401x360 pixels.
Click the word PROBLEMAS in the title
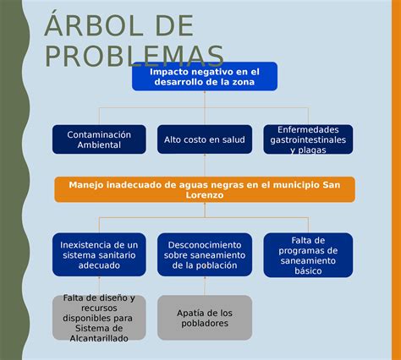(x=134, y=56)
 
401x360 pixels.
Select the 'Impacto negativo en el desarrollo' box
(x=204, y=76)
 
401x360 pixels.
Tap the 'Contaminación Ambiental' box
(x=99, y=139)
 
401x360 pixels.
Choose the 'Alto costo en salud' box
(x=204, y=139)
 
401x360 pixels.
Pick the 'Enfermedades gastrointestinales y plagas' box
(x=308, y=139)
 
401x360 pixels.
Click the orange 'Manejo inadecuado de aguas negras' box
(x=204, y=189)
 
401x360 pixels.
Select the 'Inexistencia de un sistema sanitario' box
(x=99, y=254)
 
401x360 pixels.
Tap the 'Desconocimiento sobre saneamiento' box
(x=204, y=254)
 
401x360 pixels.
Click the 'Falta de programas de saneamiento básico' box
(x=308, y=254)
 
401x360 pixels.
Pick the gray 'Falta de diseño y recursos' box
(x=99, y=318)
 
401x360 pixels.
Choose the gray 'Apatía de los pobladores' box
(x=204, y=318)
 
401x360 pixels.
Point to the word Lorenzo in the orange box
(x=204, y=195)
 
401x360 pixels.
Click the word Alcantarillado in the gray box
(x=99, y=338)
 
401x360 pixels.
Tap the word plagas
(x=313, y=150)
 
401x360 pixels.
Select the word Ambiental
(x=99, y=145)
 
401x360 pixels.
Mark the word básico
(x=308, y=271)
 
